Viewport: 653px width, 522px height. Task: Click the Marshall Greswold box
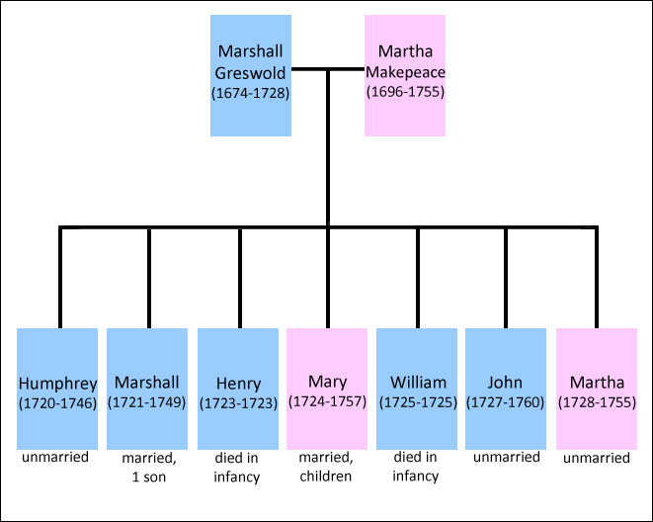(251, 75)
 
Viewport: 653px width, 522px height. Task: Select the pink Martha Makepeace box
(405, 75)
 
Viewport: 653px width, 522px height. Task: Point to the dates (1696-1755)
(405, 92)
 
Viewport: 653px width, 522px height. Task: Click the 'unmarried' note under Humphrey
(57, 458)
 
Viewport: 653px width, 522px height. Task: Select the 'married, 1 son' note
(147, 468)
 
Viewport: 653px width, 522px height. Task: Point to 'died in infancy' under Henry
(237, 468)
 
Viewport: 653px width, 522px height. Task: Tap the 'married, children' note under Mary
(327, 468)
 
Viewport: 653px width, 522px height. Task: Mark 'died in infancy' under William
(417, 468)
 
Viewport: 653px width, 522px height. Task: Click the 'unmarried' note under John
(506, 458)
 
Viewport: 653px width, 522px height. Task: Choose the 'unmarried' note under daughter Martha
(596, 458)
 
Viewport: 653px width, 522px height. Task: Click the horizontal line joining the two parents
(328, 69)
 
